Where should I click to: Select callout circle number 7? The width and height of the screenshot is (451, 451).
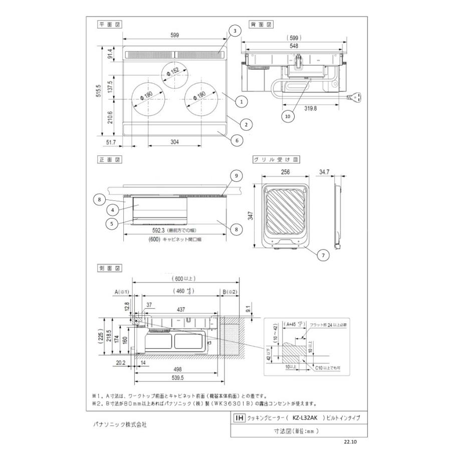(324, 255)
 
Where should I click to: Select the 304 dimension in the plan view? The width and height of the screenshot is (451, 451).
(174, 142)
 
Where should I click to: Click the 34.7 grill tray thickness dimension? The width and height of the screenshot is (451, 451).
(324, 172)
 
